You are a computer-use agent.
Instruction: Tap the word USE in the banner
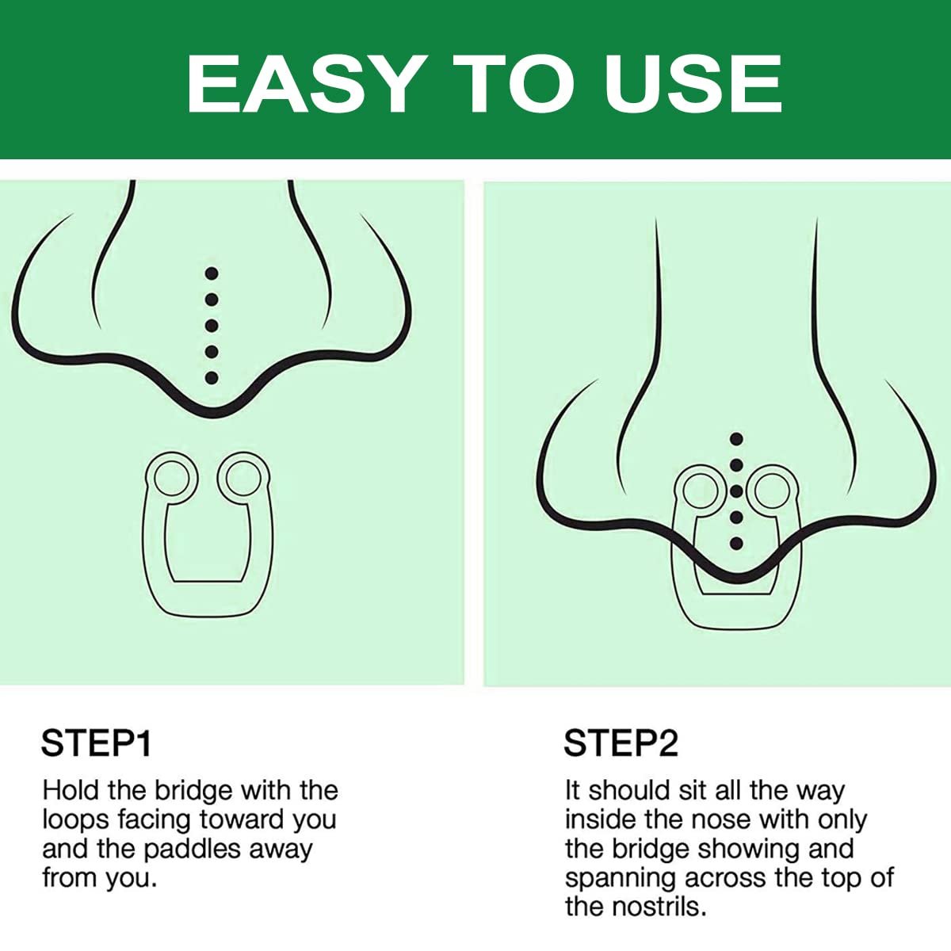693,84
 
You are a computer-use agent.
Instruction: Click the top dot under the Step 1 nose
212,273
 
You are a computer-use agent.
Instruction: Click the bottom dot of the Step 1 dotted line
212,377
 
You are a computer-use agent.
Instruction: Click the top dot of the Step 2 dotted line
735,439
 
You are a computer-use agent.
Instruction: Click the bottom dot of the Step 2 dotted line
735,544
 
